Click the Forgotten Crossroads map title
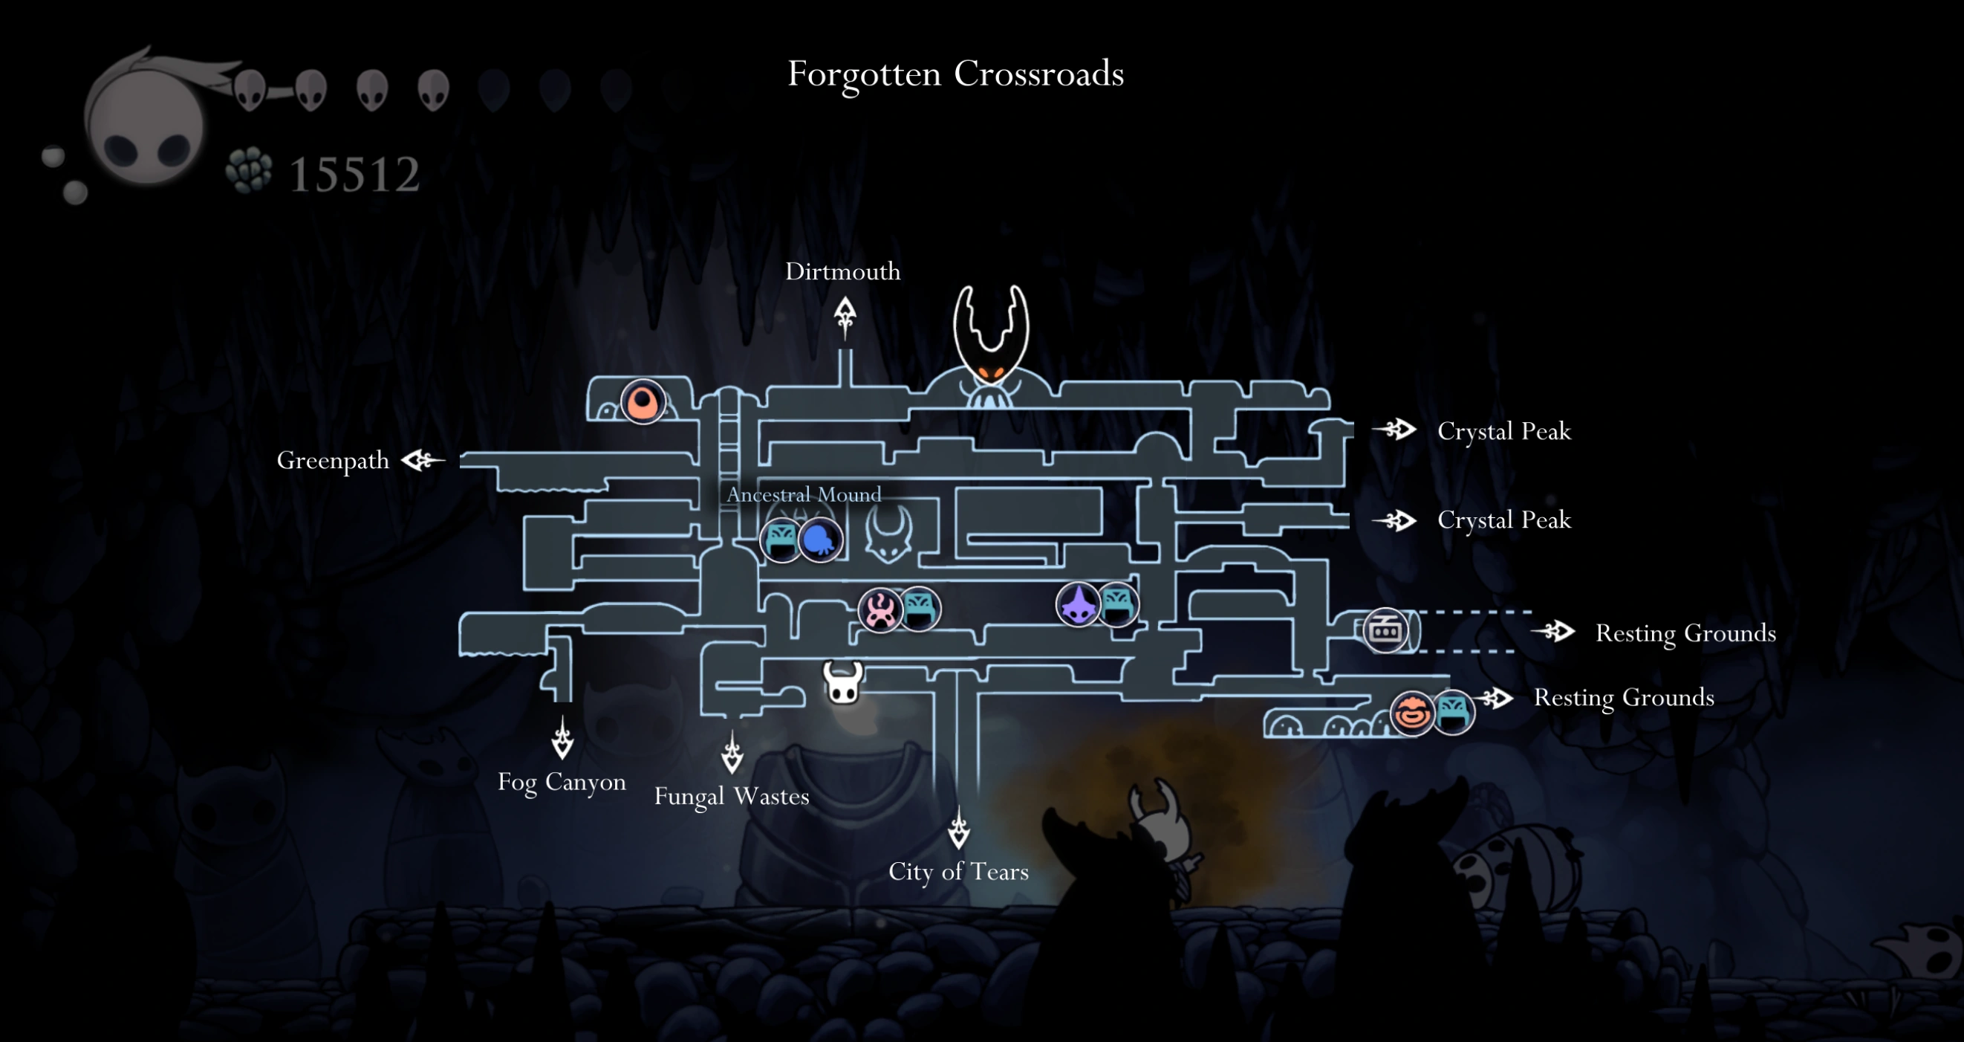(955, 74)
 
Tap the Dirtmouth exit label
(842, 271)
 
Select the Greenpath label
(333, 461)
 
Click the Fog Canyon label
(562, 782)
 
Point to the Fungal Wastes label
(731, 797)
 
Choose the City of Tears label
(958, 871)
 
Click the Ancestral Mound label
(804, 494)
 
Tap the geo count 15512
(354, 175)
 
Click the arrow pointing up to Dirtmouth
(844, 316)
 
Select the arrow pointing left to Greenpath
(423, 460)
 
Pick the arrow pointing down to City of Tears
(958, 829)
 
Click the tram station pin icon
(1385, 630)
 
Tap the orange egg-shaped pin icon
(643, 401)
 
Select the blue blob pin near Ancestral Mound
(820, 540)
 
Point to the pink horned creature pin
(880, 610)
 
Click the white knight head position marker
(842, 682)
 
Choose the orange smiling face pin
(1411, 713)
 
